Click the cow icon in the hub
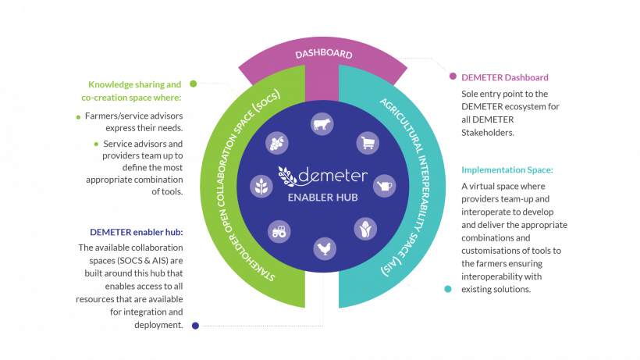(322, 123)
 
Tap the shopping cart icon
(368, 143)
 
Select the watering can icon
(385, 186)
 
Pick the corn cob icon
(365, 229)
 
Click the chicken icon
(325, 248)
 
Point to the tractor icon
(279, 231)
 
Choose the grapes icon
(277, 143)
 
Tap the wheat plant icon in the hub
(261, 187)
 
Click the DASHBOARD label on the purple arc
(324, 53)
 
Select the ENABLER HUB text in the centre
(322, 198)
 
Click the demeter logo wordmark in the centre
(322, 176)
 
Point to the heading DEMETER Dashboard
(504, 77)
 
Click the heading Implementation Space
(507, 169)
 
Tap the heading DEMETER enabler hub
(137, 232)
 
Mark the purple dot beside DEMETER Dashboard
(453, 77)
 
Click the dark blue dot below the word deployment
(195, 326)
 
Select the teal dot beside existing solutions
(448, 289)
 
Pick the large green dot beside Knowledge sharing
(193, 84)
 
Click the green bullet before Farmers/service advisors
(78, 118)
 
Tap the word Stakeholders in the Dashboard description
(488, 133)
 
